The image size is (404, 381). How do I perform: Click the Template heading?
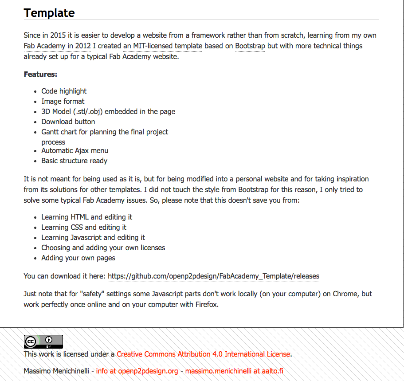[49, 13]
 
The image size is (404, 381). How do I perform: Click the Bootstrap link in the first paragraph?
[250, 46]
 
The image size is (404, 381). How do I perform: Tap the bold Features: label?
[40, 74]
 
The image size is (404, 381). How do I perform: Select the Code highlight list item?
[64, 91]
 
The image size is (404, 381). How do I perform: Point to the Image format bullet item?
[63, 101]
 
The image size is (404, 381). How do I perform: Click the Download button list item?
[68, 122]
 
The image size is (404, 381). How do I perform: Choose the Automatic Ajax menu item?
[75, 150]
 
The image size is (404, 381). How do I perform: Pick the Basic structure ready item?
[74, 161]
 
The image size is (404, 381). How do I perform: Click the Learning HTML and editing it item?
[86, 217]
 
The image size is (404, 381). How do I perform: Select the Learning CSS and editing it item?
[84, 227]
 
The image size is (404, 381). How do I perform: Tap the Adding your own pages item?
[78, 258]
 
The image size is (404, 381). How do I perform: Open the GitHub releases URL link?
[213, 276]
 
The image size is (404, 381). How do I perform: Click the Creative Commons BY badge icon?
[43, 341]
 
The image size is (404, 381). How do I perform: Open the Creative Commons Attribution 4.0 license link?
[203, 354]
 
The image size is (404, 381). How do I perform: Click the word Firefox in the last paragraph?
[206, 305]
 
